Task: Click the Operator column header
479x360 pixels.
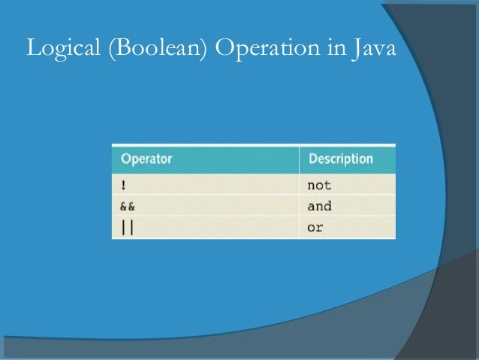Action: click(x=146, y=159)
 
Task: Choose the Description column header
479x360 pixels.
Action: click(x=340, y=159)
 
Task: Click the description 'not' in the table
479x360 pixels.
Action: click(x=319, y=184)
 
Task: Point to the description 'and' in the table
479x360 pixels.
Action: click(x=319, y=206)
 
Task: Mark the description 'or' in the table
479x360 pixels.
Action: click(x=315, y=227)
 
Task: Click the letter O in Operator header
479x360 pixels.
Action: click(x=125, y=159)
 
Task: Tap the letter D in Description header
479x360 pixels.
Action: click(x=312, y=159)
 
